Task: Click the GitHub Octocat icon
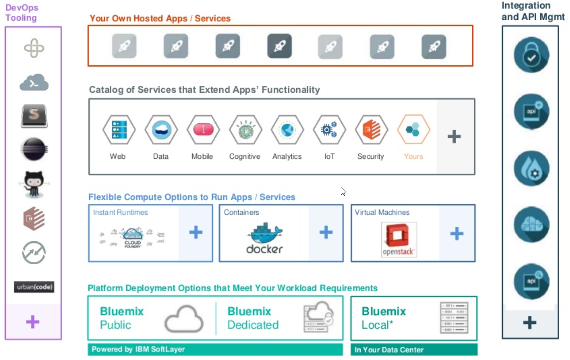[x=34, y=184]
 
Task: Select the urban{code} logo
[x=34, y=287]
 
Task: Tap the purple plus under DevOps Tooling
[x=32, y=322]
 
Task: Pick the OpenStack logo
[x=398, y=240]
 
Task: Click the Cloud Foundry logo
[x=132, y=235]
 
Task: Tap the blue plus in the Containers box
[x=326, y=233]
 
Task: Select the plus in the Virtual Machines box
[x=457, y=233]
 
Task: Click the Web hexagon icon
[x=118, y=130]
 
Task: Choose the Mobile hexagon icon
[x=203, y=130]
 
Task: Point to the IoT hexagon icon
[x=330, y=130]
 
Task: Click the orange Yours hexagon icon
[x=413, y=130]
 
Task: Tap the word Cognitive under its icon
[x=244, y=157]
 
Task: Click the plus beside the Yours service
[x=454, y=136]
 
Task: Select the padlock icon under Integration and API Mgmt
[x=531, y=54]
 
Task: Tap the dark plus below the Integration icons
[x=530, y=322]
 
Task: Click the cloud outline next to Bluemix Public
[x=184, y=318]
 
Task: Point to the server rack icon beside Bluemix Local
[x=454, y=318]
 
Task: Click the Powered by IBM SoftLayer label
[x=138, y=349]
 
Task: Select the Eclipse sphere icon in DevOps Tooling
[x=34, y=149]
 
